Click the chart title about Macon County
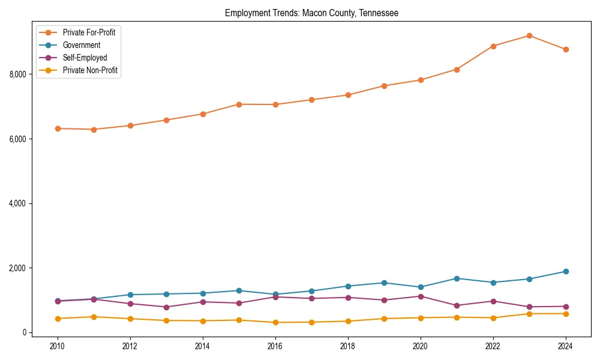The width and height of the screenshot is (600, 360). [311, 13]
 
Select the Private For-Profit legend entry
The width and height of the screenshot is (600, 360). [89, 32]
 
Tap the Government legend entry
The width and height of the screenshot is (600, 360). [82, 45]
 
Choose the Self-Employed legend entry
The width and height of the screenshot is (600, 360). [85, 58]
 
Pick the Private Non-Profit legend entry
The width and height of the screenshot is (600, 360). [90, 71]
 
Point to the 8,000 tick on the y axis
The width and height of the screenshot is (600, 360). [18, 74]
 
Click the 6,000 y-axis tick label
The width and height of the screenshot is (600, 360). [18, 139]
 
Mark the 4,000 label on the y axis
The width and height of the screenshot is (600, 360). [18, 203]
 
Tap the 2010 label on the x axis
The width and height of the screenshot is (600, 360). [58, 346]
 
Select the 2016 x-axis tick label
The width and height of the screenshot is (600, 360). [275, 346]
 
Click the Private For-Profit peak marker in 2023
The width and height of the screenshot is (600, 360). [529, 35]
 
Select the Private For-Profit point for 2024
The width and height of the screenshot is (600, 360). [566, 49]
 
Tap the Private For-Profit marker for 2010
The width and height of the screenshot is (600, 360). [58, 128]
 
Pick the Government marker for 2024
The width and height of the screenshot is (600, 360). [566, 271]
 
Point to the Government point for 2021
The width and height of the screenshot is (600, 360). [457, 278]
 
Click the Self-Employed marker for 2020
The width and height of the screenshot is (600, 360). [421, 296]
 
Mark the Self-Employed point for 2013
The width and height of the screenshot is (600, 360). [166, 307]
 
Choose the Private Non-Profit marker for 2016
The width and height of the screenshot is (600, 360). [275, 322]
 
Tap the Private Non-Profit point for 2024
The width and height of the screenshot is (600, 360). [566, 314]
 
